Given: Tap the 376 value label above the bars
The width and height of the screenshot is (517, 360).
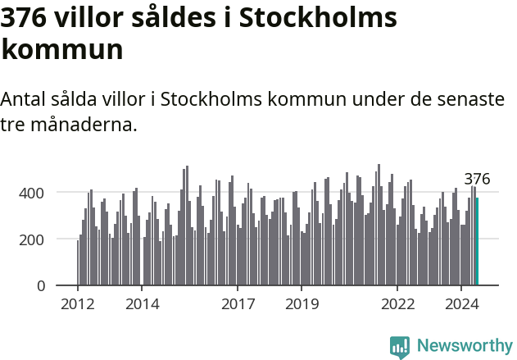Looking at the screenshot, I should pos(477,179).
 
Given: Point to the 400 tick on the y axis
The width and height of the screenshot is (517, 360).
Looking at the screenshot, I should pos(43,193).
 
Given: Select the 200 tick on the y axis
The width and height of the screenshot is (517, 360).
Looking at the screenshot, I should pos(43,239).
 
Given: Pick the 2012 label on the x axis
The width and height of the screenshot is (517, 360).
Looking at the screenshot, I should pos(78,304).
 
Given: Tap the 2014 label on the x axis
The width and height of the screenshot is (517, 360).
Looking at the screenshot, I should pos(142,304).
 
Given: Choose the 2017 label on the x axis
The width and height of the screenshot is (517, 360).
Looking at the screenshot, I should pos(238,304).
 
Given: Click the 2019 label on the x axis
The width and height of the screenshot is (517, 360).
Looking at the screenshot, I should pos(302,304).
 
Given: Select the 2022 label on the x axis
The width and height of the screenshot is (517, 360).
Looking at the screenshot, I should pos(397,304).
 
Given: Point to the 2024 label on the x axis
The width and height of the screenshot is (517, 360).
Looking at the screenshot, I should pos(460,304).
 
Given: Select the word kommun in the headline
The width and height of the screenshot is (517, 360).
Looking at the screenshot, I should pos(62,49).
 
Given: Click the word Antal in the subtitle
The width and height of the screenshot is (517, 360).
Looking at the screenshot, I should pos(25,99).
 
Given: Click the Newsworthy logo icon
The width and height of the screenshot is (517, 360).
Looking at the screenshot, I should pos(400,347).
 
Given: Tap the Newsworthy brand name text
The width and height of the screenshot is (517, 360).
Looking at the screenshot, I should pos(465,345).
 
